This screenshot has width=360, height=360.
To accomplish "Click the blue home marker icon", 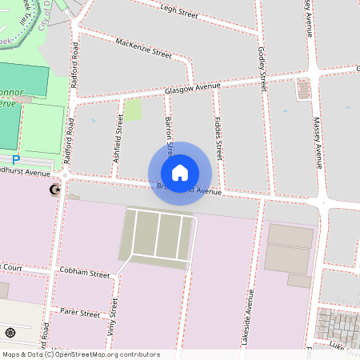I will [180, 172].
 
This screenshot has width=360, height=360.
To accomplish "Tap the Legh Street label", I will [179, 10].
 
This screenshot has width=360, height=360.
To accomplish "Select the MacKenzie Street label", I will [143, 48].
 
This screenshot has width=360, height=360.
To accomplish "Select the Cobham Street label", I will [84, 273].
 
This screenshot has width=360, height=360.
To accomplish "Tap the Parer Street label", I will [80, 314].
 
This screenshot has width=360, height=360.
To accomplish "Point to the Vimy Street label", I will [114, 318].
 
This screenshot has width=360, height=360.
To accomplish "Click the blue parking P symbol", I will [15, 160].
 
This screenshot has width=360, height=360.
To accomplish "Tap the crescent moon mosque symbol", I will [54, 190].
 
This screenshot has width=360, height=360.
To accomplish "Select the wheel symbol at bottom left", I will [10, 333].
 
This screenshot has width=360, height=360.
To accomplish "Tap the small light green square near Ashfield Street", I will [133, 110].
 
